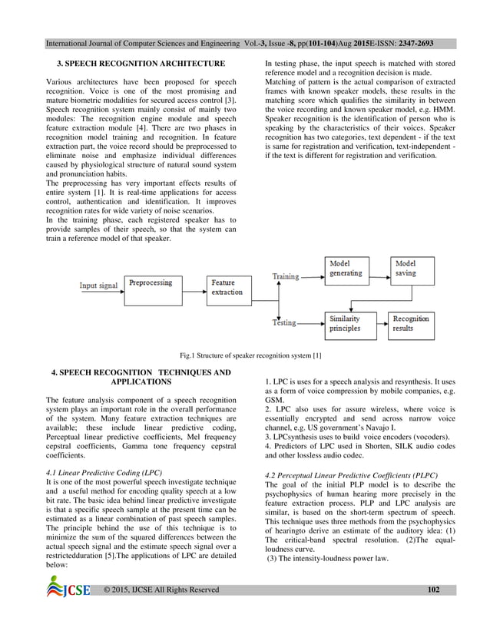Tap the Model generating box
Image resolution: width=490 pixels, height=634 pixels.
[x=347, y=268]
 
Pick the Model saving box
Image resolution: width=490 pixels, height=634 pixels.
[x=414, y=268]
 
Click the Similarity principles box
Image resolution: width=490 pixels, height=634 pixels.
[x=347, y=323]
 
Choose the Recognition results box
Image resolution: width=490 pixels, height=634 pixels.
[x=414, y=323]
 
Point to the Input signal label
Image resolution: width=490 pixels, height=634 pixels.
[x=99, y=286]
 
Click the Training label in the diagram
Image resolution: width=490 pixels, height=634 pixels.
[x=286, y=276]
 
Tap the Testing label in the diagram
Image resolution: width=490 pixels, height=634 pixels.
[x=284, y=323]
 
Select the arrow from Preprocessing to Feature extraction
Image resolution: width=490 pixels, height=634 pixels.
[x=196, y=289]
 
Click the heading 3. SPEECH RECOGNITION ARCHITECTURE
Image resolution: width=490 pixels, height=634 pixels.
[x=137, y=62]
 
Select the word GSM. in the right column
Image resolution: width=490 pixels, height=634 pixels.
[x=274, y=401]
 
